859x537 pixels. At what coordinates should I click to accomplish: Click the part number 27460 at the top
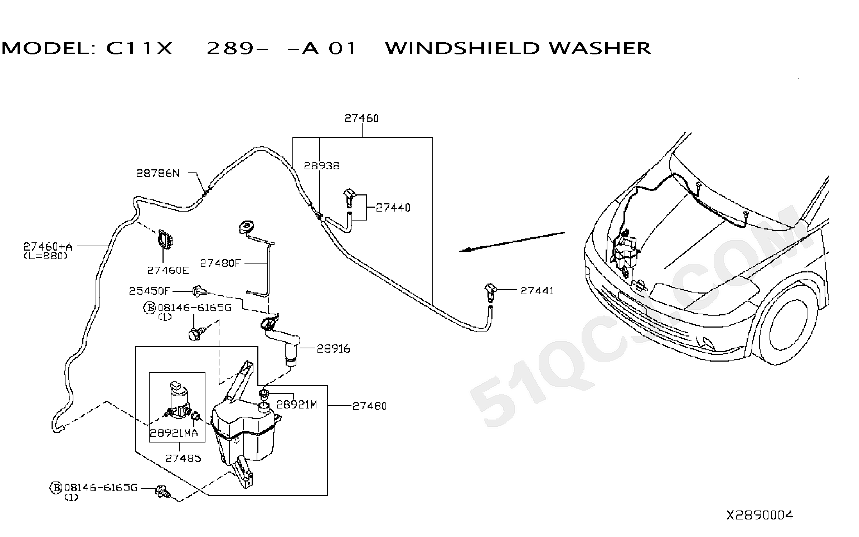pos(361,118)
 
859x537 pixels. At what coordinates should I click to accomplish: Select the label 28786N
pos(158,173)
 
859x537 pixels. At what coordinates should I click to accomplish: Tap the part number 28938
pos(322,166)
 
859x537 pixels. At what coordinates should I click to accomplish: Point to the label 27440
pos(393,208)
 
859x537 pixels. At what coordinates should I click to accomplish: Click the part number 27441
pos(537,291)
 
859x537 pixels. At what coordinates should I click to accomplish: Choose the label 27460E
pos(168,270)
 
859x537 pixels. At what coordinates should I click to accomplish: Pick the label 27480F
pos(220,263)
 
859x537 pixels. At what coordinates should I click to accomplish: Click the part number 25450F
pos(149,291)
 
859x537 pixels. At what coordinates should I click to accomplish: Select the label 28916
pos(334,349)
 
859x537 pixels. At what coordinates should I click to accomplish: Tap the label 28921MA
pos(174,433)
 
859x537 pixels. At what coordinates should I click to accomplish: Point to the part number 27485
pos(183,458)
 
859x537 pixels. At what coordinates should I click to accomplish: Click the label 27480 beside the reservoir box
pos(370,406)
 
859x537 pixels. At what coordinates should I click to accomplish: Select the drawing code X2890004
pos(759,515)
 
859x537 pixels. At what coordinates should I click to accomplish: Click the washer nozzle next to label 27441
pos(490,292)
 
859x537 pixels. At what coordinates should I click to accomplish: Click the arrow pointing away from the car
pos(512,242)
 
